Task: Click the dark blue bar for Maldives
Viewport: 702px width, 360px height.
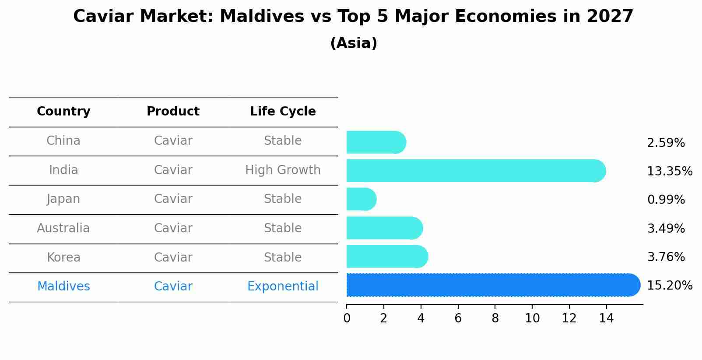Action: click(493, 285)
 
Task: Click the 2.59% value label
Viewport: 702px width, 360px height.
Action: click(665, 143)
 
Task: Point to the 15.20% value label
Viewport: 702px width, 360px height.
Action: click(669, 286)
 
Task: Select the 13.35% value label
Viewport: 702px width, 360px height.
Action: click(669, 171)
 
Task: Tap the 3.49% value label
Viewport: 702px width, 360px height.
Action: click(665, 228)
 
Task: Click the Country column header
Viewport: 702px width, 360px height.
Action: click(63, 112)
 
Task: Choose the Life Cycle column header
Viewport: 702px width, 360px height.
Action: click(283, 112)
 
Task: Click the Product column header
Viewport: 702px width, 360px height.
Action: click(173, 112)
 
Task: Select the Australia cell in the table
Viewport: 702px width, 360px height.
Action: click(63, 228)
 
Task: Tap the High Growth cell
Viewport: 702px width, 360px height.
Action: click(283, 170)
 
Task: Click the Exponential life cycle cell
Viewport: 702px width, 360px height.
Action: click(283, 287)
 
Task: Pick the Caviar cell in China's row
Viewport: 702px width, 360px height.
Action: click(173, 141)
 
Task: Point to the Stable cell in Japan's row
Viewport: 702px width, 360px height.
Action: click(283, 199)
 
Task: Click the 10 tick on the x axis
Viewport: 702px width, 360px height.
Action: click(532, 318)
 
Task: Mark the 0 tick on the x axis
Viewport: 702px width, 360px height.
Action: click(347, 318)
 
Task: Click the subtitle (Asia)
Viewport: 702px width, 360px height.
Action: click(354, 43)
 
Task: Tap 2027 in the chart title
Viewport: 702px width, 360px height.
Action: click(610, 17)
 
